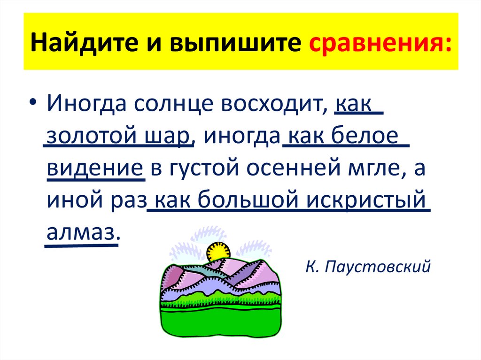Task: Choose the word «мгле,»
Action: coord(376,167)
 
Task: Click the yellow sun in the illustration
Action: coord(218,251)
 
